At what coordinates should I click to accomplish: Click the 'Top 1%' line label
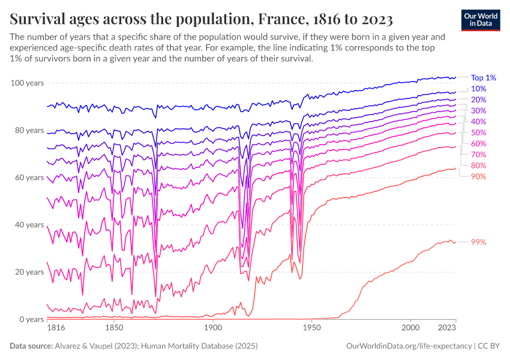[x=483, y=77]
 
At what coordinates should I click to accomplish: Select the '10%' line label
[x=478, y=89]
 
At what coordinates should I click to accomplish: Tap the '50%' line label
[x=478, y=133]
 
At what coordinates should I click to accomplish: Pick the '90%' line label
[x=478, y=176]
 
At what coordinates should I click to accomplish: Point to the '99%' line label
[x=478, y=242]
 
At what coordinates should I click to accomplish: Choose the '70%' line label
[x=478, y=154]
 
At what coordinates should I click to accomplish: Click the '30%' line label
[x=478, y=110]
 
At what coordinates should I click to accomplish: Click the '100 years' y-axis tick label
[x=27, y=83]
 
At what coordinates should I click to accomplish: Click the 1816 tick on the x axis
[x=56, y=329]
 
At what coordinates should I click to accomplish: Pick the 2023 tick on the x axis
[x=446, y=329]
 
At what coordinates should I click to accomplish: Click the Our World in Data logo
[x=481, y=20]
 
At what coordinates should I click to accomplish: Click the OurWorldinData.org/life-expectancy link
[x=409, y=347]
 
